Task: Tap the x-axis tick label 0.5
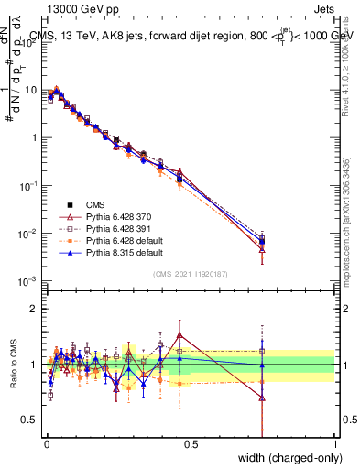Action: pos(191,444)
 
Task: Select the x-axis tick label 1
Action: pos(335,444)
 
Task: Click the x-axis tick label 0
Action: pos(46,444)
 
